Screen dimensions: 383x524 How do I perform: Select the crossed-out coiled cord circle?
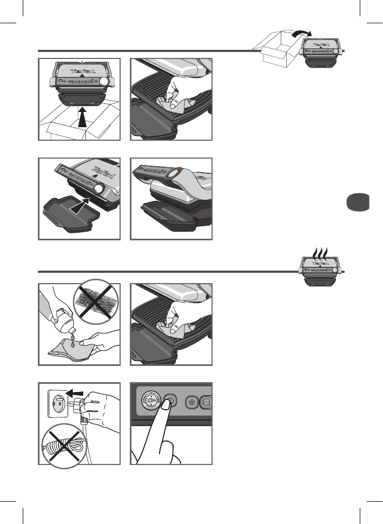(64, 447)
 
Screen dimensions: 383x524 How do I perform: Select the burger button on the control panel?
(206, 403)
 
